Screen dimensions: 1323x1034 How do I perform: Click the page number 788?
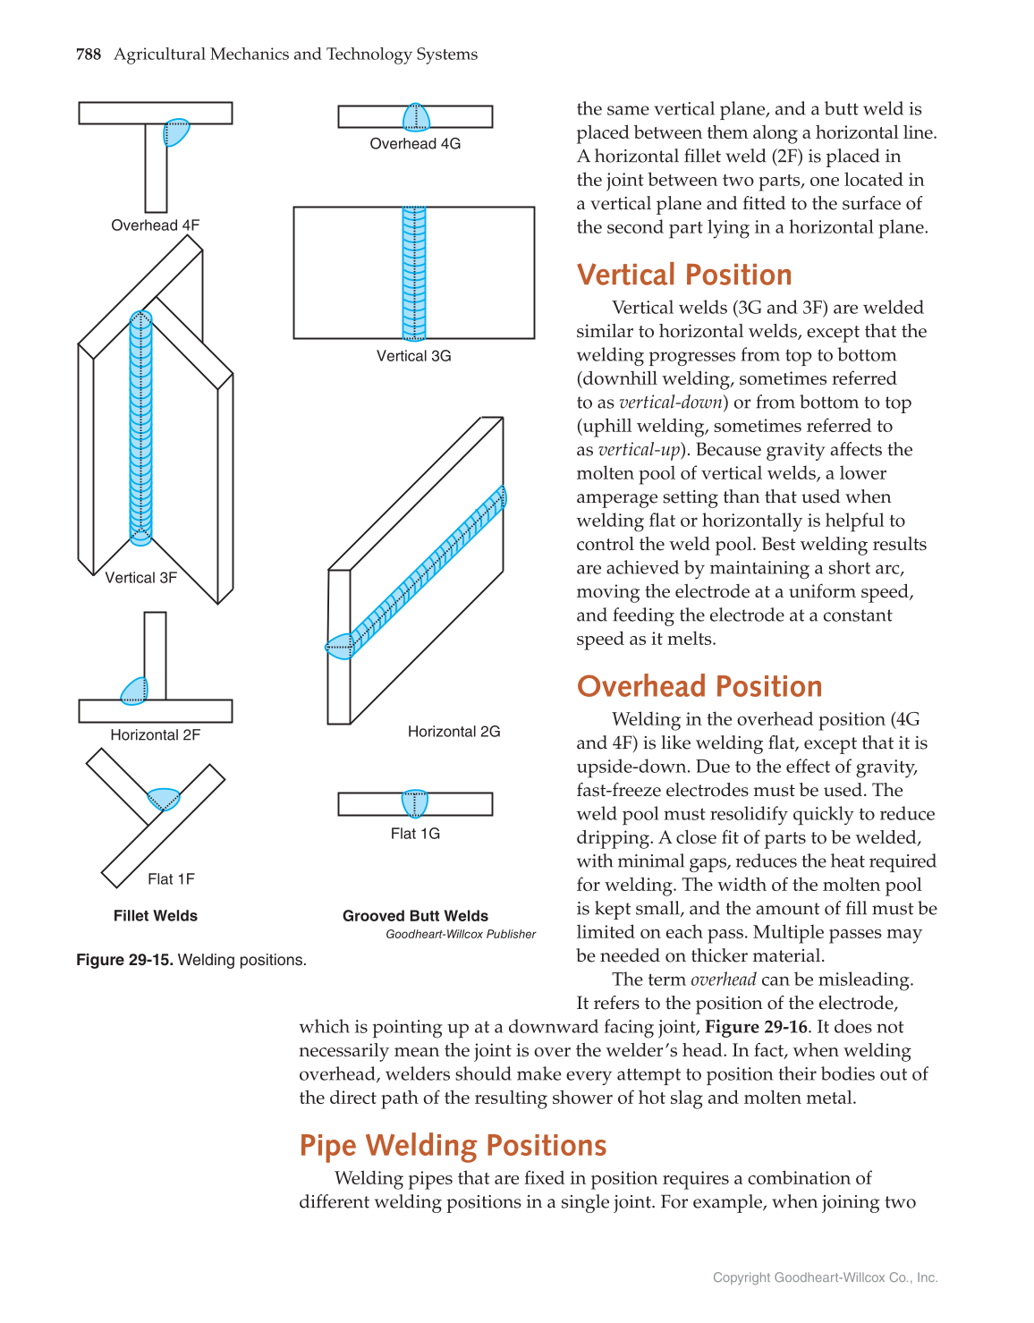pos(89,55)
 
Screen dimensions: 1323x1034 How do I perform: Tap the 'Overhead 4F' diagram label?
pos(155,225)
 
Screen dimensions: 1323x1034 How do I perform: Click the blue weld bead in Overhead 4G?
pos(416,117)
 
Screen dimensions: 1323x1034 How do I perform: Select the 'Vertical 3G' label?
pos(413,356)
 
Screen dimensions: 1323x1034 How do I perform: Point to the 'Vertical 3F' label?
pos(140,578)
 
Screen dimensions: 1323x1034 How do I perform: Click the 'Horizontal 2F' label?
pos(155,735)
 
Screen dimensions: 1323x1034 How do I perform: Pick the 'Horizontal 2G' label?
pos(453,732)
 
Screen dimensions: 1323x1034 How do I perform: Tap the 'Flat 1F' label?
pos(171,879)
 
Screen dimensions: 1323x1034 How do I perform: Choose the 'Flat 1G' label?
pos(415,834)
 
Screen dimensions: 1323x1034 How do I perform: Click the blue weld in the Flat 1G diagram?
pos(415,803)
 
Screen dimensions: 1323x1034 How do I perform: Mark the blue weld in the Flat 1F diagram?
pos(164,798)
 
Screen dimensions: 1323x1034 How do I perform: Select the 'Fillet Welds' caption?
pos(155,916)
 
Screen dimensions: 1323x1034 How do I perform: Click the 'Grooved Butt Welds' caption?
pos(415,916)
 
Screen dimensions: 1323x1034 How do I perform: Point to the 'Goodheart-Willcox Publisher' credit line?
pos(461,935)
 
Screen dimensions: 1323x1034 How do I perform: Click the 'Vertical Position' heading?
pos(684,275)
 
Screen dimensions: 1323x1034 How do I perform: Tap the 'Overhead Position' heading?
pos(699,686)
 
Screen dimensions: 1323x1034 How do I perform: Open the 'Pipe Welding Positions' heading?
pos(453,1146)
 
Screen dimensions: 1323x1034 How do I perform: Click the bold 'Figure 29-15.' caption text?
pos(124,960)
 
